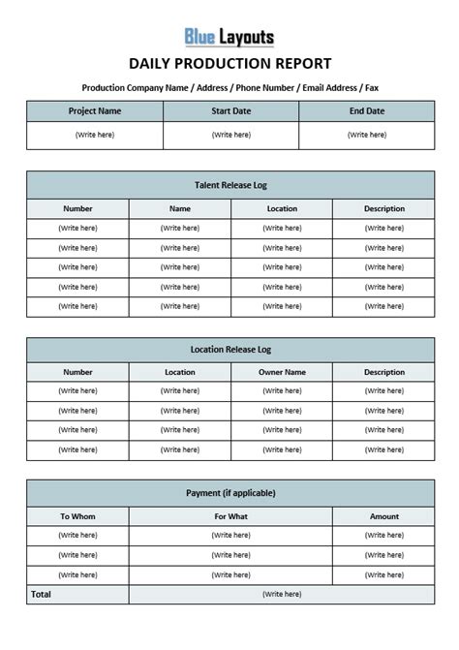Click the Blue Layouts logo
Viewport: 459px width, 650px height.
229,38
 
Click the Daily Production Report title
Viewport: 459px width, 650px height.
229,64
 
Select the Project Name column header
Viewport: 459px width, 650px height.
95,111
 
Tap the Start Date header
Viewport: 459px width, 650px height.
230,111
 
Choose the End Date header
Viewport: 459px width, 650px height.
367,111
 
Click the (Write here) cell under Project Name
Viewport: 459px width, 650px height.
95,135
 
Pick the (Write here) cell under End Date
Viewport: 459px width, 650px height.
367,135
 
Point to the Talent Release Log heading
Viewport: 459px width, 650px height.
229,184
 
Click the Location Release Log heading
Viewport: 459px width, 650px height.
229,349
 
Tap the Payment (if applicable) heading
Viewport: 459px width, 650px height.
229,493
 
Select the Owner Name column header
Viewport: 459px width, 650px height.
282,372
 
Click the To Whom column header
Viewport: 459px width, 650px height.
77,516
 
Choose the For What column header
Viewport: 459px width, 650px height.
230,516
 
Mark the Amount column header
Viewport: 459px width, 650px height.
383,516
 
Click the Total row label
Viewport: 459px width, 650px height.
42,594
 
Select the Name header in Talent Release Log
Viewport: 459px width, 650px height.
180,208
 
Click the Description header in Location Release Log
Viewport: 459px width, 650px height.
383,372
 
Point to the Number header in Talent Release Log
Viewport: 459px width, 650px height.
77,208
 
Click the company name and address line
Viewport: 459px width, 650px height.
229,87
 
